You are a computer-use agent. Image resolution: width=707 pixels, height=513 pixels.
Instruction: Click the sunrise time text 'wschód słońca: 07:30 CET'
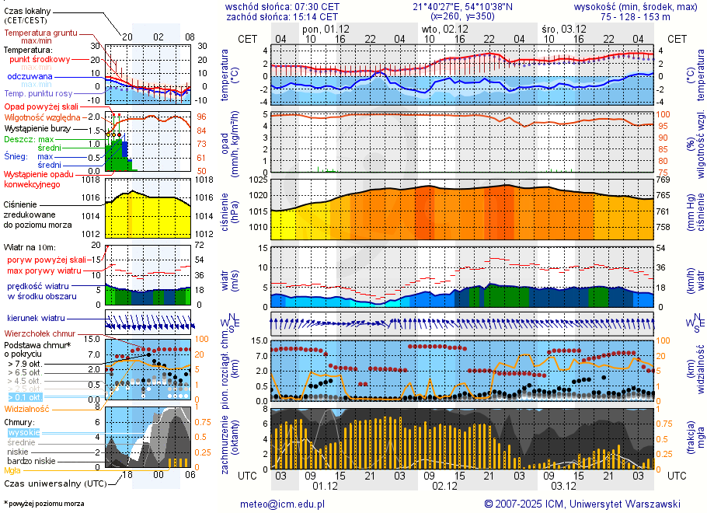coord(282,6)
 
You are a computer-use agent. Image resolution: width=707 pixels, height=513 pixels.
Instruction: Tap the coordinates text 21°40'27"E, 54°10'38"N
coord(463,6)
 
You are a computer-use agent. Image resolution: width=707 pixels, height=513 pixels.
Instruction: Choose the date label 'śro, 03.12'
coord(563,29)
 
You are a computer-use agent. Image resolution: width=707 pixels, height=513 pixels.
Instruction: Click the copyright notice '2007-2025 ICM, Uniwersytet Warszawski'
coord(583,504)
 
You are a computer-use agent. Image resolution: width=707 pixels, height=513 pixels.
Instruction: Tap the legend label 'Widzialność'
coord(27,408)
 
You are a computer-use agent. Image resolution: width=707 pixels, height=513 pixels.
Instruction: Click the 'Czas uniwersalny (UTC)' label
coord(54,483)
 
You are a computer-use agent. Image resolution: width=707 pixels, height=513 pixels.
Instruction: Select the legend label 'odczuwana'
coord(30,77)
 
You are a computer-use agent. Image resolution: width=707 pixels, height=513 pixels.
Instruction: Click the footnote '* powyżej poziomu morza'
coord(44,504)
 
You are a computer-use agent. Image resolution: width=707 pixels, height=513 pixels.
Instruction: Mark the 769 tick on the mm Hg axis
coord(663,180)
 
